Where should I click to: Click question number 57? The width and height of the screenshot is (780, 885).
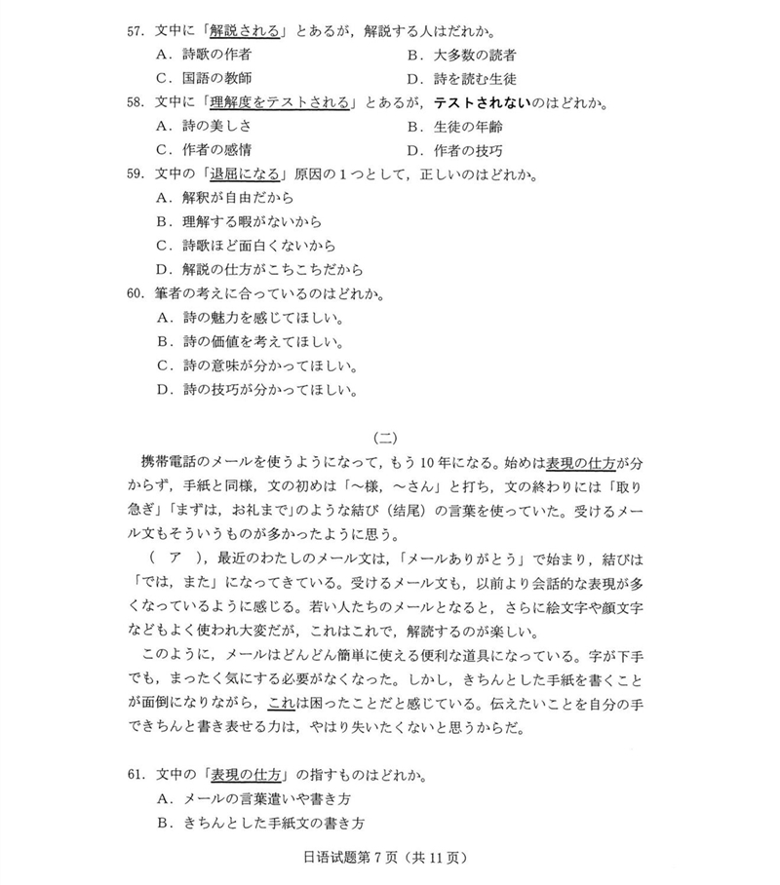coord(136,31)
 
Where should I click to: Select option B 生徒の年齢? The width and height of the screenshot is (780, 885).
coord(467,127)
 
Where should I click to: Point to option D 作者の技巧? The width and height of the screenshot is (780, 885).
coord(467,150)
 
